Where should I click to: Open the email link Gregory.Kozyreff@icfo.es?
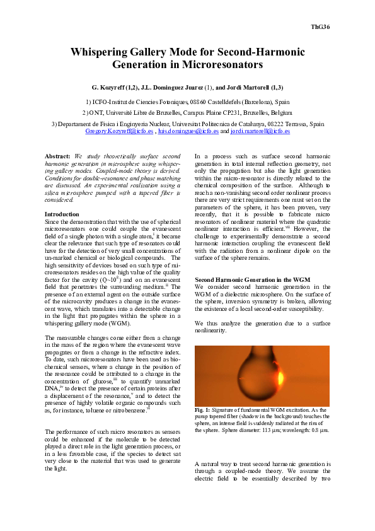pyautogui.click(x=119, y=131)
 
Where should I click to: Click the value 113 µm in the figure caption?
pyautogui.click(x=260, y=430)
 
